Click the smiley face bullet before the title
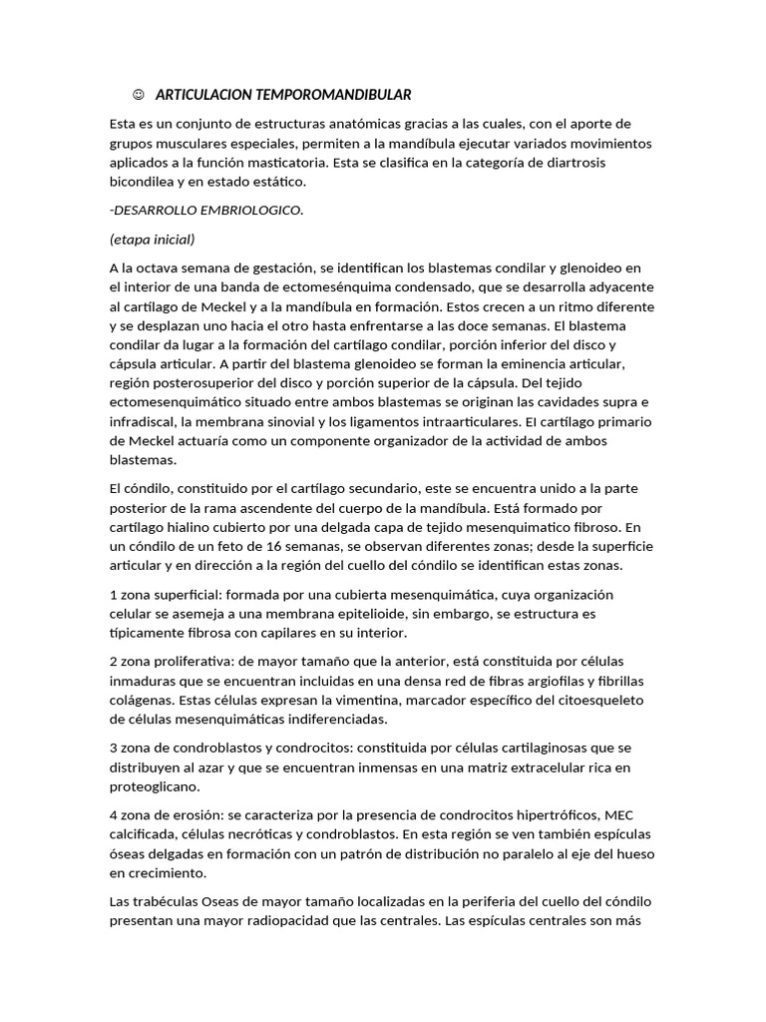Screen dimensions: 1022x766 click(137, 95)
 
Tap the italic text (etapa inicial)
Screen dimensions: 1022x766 click(152, 240)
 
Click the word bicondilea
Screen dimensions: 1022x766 click(146, 182)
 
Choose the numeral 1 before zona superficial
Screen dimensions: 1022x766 click(113, 595)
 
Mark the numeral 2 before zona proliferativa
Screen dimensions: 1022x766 click(113, 662)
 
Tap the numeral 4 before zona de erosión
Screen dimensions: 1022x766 click(114, 814)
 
